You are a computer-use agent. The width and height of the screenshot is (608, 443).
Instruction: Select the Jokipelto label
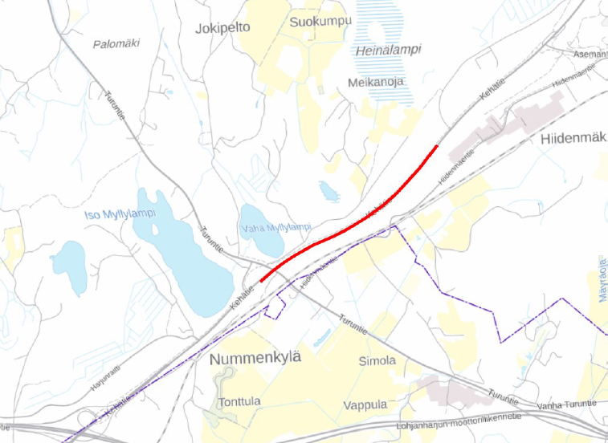pyautogui.click(x=222, y=27)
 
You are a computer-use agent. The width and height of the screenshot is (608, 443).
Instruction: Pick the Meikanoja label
pyautogui.click(x=375, y=83)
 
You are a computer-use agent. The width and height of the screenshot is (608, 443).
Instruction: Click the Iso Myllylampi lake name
pyautogui.click(x=119, y=214)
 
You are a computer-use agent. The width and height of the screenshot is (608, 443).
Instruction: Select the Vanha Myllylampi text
pyautogui.click(x=275, y=228)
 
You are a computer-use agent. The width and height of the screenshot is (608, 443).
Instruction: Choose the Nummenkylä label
pyautogui.click(x=254, y=358)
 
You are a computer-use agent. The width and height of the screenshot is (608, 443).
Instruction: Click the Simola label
pyautogui.click(x=377, y=360)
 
